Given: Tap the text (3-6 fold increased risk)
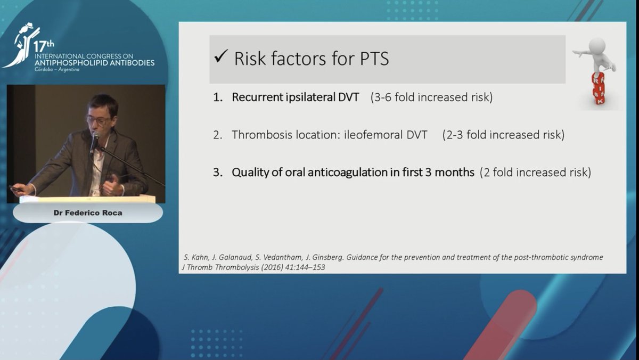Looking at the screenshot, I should (x=431, y=98).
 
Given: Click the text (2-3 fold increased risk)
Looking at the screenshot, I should (x=503, y=135).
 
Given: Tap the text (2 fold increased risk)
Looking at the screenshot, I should (x=535, y=173).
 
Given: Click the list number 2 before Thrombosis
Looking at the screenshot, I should (x=217, y=135).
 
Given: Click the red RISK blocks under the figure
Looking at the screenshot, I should (x=598, y=88).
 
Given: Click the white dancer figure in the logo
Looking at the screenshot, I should (x=20, y=45).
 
